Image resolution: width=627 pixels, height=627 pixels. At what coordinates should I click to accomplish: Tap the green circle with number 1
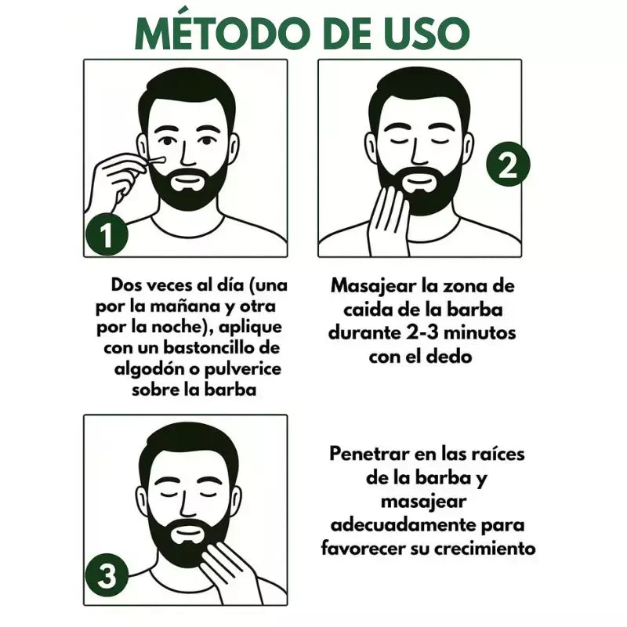(107, 234)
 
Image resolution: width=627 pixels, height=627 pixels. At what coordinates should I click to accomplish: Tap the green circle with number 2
(508, 164)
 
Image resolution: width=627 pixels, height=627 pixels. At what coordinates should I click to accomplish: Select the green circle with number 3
(107, 575)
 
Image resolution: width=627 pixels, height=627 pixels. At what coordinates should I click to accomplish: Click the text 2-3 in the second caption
(422, 332)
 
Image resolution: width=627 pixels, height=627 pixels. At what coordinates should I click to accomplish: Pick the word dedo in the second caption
(451, 356)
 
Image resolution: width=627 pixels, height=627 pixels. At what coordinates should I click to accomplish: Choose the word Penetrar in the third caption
(368, 454)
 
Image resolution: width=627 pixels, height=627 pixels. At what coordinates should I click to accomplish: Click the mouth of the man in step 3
(187, 535)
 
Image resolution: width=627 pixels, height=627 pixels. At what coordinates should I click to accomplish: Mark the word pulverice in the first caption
(243, 369)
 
